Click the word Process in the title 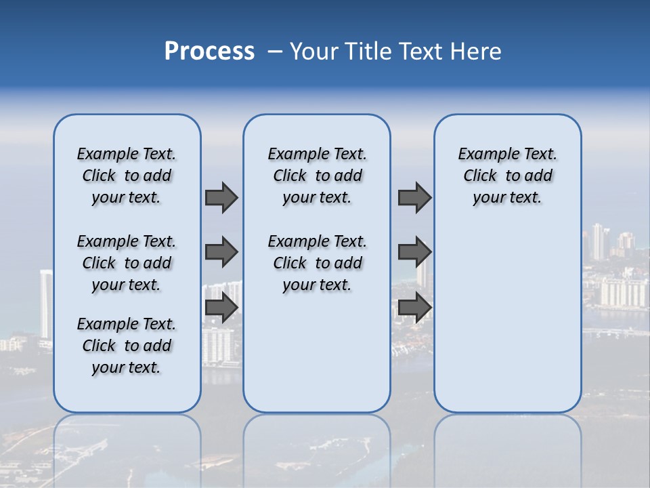209,52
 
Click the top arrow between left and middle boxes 221,197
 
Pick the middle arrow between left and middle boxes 221,252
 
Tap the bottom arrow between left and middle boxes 221,308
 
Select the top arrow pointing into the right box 414,197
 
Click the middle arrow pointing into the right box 414,252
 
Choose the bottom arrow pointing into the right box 414,308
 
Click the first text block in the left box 127,176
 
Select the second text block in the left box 127,263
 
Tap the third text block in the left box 127,346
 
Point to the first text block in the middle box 317,176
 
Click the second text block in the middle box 317,263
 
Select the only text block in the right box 507,176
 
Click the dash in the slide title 275,52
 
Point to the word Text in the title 419,52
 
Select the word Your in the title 313,52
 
